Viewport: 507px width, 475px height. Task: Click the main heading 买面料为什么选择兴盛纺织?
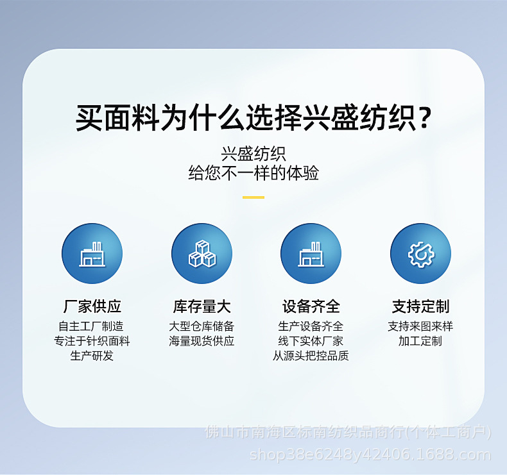(x=253, y=118)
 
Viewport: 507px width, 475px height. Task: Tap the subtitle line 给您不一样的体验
(x=253, y=173)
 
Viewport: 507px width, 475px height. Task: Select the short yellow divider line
(x=253, y=197)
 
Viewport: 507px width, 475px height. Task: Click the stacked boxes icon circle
(x=202, y=254)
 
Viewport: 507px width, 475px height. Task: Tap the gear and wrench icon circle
(x=420, y=254)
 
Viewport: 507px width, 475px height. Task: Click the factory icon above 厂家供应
(x=92, y=254)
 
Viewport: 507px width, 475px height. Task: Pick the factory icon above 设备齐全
(x=311, y=254)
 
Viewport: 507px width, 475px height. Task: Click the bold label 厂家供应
(x=92, y=306)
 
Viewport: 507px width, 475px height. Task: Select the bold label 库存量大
(x=202, y=306)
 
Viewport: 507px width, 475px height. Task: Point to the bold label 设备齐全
(x=311, y=306)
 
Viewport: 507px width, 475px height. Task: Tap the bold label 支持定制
(x=420, y=306)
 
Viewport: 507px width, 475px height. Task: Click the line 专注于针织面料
(x=92, y=341)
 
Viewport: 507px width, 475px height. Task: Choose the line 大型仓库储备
(x=202, y=326)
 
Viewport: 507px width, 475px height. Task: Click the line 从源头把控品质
(x=311, y=356)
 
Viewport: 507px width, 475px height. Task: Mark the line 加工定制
(x=420, y=341)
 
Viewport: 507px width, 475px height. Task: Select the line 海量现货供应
(x=202, y=341)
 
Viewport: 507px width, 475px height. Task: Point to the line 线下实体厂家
(x=311, y=341)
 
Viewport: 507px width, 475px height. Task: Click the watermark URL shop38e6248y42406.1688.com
(x=370, y=455)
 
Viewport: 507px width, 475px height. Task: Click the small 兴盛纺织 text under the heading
(x=253, y=154)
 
